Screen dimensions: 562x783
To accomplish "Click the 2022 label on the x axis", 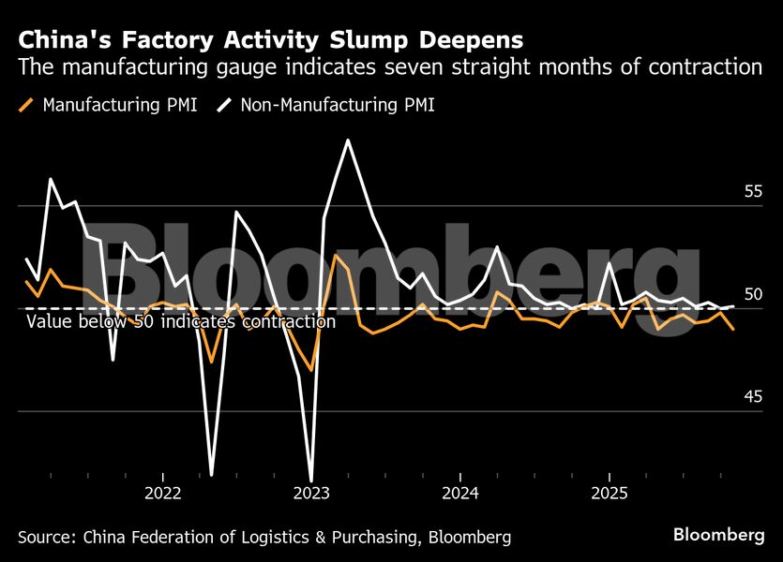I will pos(163,493).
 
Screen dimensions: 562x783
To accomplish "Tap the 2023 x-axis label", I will pos(311,493).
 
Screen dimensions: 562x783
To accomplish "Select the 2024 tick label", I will pos(460,493).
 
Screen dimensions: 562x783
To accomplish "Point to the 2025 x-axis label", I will pos(610,493).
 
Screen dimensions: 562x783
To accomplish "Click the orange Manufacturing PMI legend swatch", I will pos(27,105).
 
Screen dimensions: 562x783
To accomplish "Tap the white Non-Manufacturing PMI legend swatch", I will pos(225,105).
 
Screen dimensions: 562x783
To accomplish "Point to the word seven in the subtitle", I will pos(419,67).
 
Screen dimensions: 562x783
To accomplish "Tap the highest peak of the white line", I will pos(348,140).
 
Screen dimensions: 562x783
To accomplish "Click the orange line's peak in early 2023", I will pos(336,255).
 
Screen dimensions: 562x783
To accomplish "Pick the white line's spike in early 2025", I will pos(610,264).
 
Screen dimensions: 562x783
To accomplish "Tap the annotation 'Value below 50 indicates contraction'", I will pos(181,322).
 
